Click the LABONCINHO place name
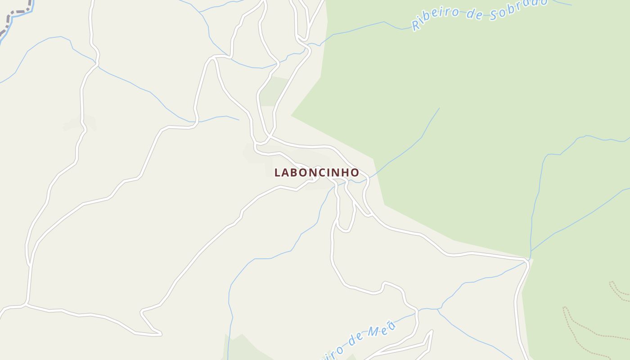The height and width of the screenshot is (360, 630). (317, 172)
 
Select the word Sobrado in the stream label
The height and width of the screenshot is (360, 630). (518, 9)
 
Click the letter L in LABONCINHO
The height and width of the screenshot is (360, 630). (278, 173)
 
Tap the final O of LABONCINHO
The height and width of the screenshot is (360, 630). (355, 173)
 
